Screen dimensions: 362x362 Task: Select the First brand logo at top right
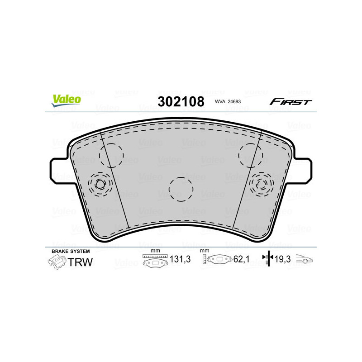pos(291,102)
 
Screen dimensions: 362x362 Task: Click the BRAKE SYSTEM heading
pos(71,251)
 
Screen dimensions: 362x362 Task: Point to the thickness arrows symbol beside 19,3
pos(267,259)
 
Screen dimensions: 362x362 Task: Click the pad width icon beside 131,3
pos(155,261)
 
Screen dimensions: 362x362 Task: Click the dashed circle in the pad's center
pos(181,188)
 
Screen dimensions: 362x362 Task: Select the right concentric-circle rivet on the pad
pos(262,184)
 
